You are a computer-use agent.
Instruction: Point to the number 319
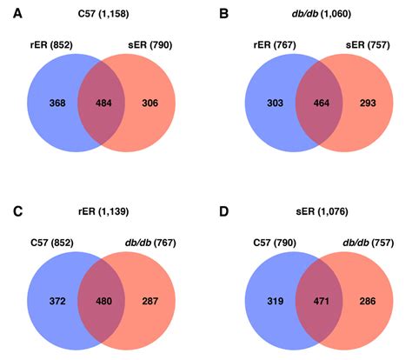(x=262, y=300)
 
